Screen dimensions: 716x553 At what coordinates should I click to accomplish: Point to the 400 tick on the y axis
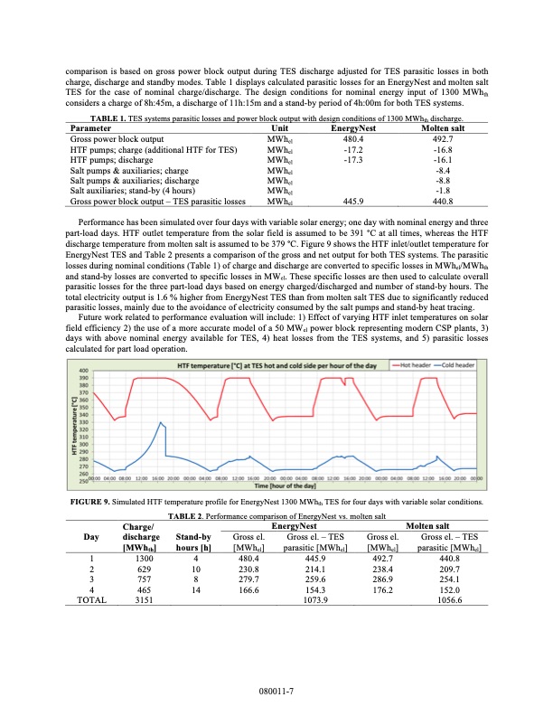point(83,371)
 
